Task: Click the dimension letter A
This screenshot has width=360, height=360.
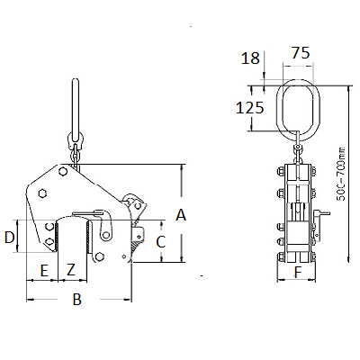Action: tap(181, 215)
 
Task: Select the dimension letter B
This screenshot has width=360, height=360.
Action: tap(77, 299)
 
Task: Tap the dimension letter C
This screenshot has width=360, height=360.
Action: tap(161, 242)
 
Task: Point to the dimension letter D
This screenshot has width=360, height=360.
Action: tap(10, 238)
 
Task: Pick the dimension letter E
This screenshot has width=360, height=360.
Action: tap(44, 271)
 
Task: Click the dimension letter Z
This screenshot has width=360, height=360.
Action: tap(71, 270)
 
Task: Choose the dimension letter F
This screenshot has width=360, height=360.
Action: tap(298, 273)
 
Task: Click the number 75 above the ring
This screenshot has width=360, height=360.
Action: tap(301, 53)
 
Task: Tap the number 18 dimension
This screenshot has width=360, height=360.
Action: tap(250, 58)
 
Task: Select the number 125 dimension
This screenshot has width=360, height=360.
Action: tap(250, 108)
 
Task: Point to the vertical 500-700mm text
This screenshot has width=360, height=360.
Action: tap(341, 174)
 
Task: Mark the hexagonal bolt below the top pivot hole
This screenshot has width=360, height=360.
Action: tap(43, 193)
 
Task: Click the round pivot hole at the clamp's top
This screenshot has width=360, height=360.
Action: tap(63, 171)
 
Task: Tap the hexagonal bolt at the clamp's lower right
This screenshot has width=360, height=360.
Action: tap(98, 256)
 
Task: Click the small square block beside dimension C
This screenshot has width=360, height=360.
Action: tap(139, 234)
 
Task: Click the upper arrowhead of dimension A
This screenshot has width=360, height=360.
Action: tap(181, 168)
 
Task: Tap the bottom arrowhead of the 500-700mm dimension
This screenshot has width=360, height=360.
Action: tap(348, 259)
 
